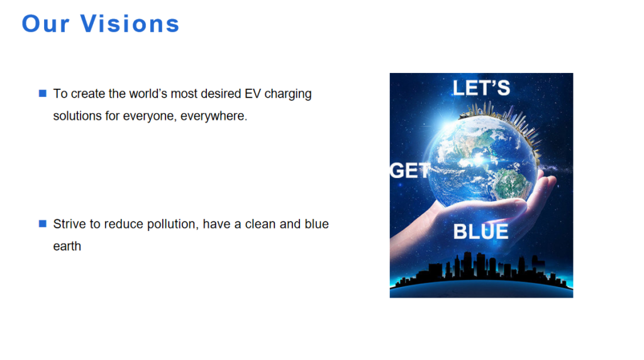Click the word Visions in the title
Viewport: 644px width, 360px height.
(130, 23)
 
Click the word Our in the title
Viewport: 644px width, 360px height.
(45, 23)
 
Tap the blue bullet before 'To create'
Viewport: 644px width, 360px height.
(43, 93)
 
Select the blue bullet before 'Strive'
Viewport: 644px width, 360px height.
(43, 223)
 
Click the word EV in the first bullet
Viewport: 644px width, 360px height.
(253, 94)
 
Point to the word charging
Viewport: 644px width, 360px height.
(288, 94)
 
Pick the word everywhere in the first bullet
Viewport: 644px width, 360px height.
(214, 116)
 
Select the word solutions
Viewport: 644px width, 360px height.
(77, 116)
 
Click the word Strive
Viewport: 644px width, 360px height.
(70, 224)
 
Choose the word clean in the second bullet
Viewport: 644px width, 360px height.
(260, 224)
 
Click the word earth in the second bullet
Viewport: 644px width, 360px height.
(67, 246)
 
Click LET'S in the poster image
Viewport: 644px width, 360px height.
(481, 88)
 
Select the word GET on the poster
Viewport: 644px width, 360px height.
(410, 171)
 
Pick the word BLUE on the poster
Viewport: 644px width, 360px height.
(480, 232)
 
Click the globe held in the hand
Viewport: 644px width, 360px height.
(483, 160)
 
